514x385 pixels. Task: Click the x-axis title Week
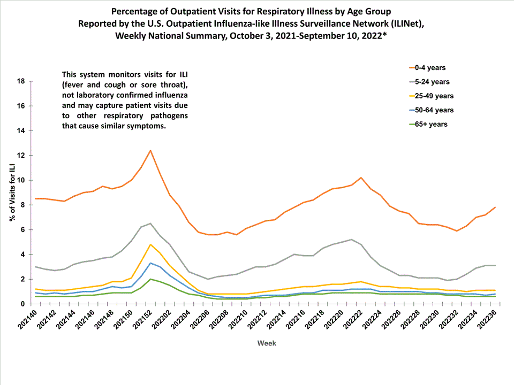(x=267, y=343)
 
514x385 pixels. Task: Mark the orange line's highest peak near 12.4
(x=150, y=150)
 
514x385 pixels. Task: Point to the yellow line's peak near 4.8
(x=150, y=244)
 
